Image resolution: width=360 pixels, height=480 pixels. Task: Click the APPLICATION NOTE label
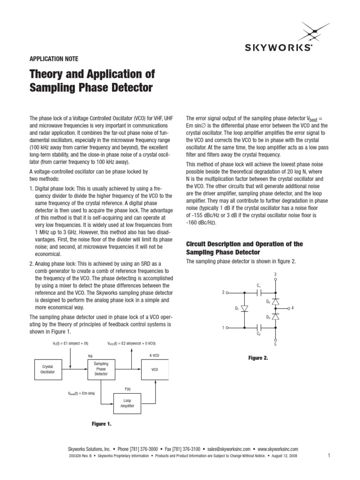pos(54,59)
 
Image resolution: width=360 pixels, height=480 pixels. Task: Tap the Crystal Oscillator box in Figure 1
pos(48,369)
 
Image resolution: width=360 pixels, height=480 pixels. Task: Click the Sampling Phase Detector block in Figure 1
pos(101,369)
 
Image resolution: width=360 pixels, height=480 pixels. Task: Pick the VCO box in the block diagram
pos(155,369)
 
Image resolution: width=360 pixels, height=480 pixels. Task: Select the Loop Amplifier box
pos(128,403)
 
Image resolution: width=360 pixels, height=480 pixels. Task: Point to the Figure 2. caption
pos(258,358)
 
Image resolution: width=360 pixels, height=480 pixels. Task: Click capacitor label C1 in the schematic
pos(258,285)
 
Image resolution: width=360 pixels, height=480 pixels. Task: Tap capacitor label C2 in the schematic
pos(258,333)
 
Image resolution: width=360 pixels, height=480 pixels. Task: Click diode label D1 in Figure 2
pos(237,308)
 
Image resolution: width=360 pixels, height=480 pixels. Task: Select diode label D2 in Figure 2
pos(268,301)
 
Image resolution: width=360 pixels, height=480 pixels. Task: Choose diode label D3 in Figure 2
pos(268,317)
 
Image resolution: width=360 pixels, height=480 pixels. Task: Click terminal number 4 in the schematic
pos(292,308)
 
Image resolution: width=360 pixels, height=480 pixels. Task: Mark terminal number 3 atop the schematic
pos(276,274)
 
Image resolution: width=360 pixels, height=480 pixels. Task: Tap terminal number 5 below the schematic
pos(276,345)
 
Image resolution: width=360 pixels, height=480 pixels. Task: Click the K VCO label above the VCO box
pos(154,355)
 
